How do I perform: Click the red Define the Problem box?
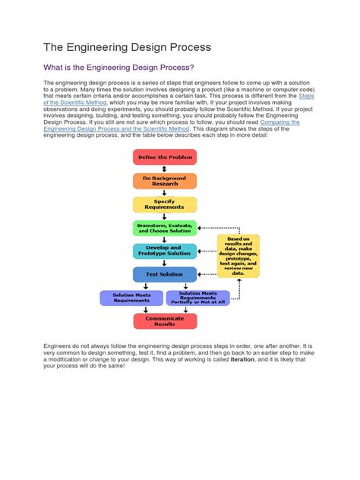[x=164, y=156]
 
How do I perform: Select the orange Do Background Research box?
[x=164, y=180]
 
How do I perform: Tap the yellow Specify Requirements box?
[x=164, y=204]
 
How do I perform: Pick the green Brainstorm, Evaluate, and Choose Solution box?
[x=164, y=227]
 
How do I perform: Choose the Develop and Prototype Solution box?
[x=164, y=250]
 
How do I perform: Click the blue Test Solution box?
[x=164, y=273]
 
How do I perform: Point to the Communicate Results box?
[x=164, y=320]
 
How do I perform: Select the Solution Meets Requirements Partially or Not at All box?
[x=201, y=297]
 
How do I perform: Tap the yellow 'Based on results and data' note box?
[x=238, y=255]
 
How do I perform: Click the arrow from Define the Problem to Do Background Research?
[x=164, y=169]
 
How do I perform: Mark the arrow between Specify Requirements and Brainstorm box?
[x=164, y=216]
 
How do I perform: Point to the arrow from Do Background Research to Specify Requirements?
[x=164, y=192]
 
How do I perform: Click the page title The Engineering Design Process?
[x=127, y=48]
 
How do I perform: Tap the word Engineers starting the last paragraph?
[x=56, y=346]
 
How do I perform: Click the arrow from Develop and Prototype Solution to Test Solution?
[x=164, y=262]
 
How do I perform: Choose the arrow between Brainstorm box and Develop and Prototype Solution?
[x=164, y=238]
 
